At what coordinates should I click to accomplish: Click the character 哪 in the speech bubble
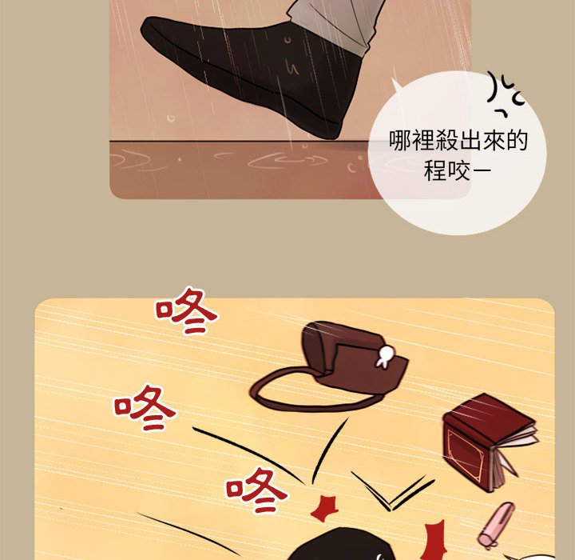point(400,140)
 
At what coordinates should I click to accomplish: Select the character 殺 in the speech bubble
point(446,140)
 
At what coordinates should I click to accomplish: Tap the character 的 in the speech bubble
point(517,140)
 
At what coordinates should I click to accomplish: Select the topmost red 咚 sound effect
point(186,310)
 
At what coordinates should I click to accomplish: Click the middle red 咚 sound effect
point(144,407)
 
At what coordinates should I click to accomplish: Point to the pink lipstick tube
point(496,525)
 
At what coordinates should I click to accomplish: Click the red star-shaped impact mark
point(323,508)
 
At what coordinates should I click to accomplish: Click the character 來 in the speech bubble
point(494,140)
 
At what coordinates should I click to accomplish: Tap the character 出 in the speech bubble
point(470,140)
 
